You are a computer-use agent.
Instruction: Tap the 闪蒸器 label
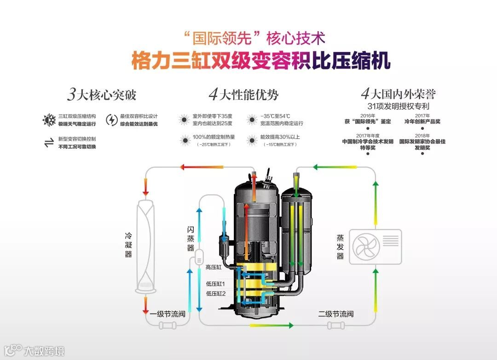191,238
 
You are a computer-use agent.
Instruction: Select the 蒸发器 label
340,247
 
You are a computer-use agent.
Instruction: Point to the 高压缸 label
214,267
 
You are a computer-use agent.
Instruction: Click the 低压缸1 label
215,284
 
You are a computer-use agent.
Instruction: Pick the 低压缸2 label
215,293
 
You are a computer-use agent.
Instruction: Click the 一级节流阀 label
168,314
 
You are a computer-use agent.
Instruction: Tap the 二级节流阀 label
336,314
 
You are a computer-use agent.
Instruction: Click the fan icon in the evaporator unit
366,246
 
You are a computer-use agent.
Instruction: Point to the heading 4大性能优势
243,95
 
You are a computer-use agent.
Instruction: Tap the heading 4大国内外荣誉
398,94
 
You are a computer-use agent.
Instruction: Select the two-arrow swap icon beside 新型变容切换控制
49,143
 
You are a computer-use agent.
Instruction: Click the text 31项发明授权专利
399,106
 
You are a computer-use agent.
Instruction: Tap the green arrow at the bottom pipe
272,326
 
